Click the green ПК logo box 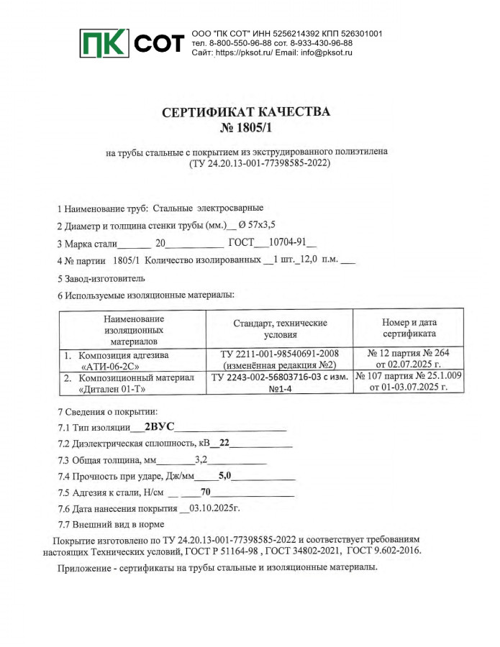point(104,45)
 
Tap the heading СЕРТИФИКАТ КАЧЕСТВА point(247,113)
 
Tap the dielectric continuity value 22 point(224,444)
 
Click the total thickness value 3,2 point(201,460)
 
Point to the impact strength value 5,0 point(224,476)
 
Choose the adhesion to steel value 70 point(205,492)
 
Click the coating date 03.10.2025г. point(214,508)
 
